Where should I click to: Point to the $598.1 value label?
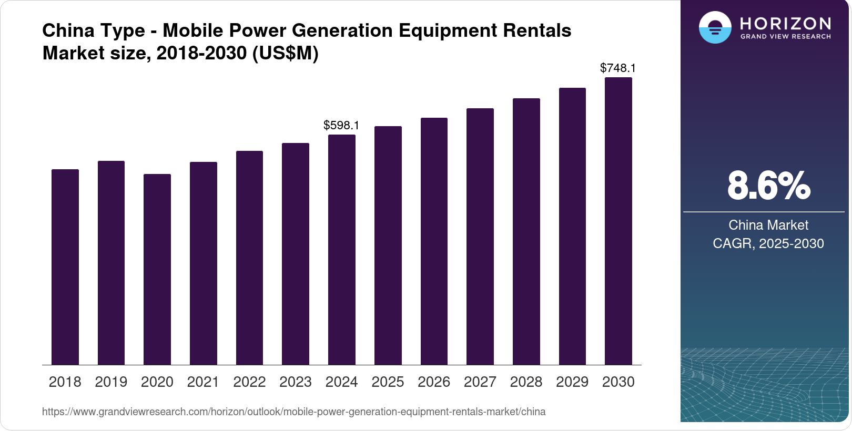pyautogui.click(x=341, y=125)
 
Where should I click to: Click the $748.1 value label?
pyautogui.click(x=618, y=68)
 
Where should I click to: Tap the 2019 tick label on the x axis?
pyautogui.click(x=111, y=382)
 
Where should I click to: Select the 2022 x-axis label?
pyautogui.click(x=249, y=382)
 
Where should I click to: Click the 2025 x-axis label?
pyautogui.click(x=388, y=382)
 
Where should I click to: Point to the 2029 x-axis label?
pyautogui.click(x=572, y=382)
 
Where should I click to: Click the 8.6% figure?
pyautogui.click(x=768, y=186)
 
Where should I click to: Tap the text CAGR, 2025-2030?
pyautogui.click(x=768, y=243)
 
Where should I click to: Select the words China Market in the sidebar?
pyautogui.click(x=768, y=225)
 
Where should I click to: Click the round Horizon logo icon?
pyautogui.click(x=715, y=28)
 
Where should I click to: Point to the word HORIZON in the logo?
pyautogui.click(x=785, y=23)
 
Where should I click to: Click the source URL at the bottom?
pyautogui.click(x=293, y=412)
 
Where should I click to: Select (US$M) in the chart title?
pyautogui.click(x=286, y=53)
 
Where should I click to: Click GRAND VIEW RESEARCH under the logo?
pyautogui.click(x=785, y=36)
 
